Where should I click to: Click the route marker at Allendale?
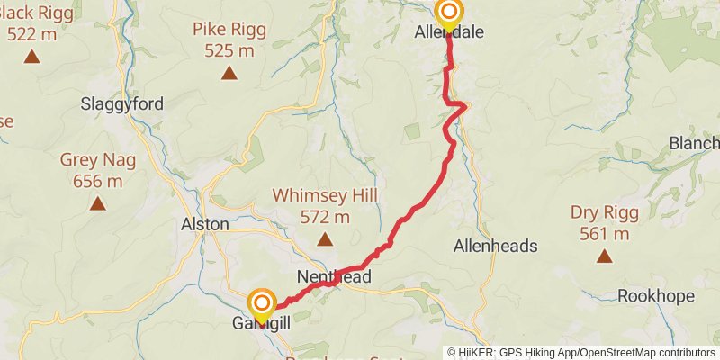click(448, 13)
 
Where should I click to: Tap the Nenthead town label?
click(333, 277)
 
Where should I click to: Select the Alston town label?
click(205, 223)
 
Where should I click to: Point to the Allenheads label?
click(496, 246)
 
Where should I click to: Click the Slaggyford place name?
click(122, 103)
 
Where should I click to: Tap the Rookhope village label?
click(656, 296)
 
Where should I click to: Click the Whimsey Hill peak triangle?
click(324, 239)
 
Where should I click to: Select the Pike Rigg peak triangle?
click(229, 74)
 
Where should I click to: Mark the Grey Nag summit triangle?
click(98, 203)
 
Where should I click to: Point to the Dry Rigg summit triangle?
click(604, 256)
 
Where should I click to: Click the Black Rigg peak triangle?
click(31, 57)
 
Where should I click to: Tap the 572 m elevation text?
click(325, 217)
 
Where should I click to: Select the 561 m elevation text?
click(604, 234)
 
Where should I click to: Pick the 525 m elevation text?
click(229, 50)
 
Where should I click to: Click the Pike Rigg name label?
click(229, 30)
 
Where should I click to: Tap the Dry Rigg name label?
click(604, 213)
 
